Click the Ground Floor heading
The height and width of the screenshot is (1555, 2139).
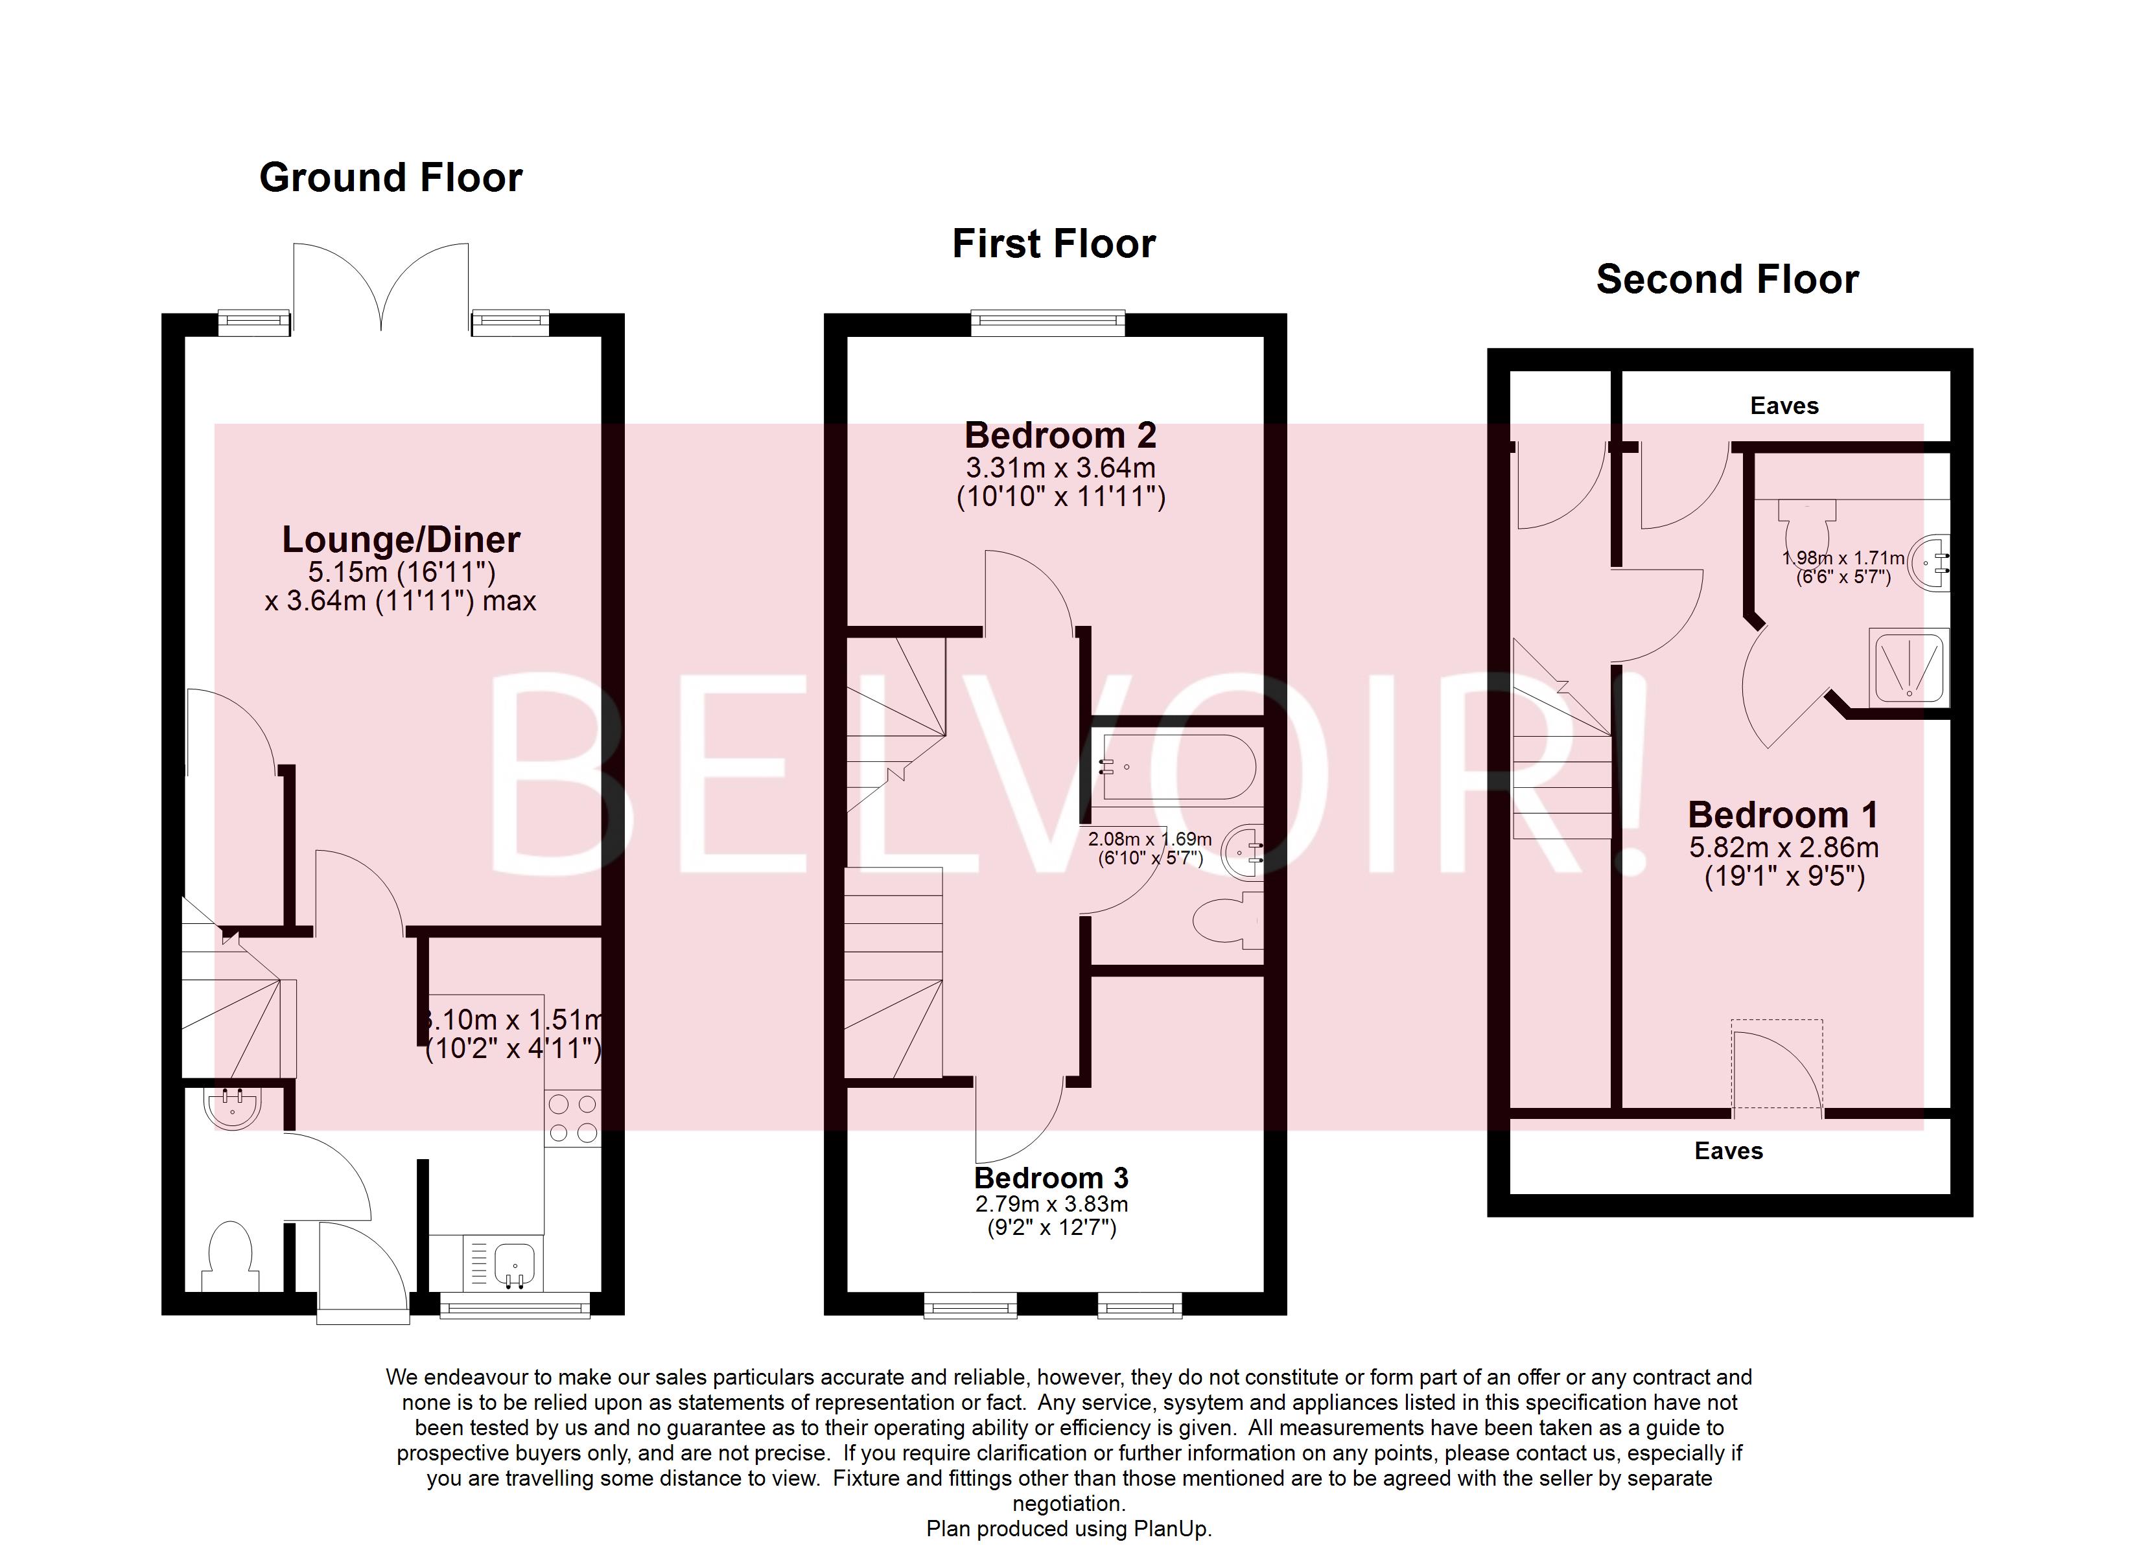click(390, 178)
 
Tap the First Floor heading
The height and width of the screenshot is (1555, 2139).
click(1053, 244)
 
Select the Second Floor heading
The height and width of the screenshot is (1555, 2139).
click(1727, 280)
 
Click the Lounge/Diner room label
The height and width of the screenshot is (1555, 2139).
click(401, 540)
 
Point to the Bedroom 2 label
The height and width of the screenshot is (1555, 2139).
click(1060, 435)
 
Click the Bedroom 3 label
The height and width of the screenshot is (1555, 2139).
click(1051, 1178)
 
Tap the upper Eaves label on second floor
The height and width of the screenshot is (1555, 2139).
click(1783, 406)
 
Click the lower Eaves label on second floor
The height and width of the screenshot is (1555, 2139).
click(1728, 1151)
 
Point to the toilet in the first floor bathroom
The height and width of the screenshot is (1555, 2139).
click(1226, 921)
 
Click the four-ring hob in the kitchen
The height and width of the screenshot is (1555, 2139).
click(572, 1118)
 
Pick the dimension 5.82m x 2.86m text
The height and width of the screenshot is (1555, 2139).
click(1783, 847)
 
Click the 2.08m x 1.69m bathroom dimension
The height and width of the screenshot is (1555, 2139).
click(1150, 839)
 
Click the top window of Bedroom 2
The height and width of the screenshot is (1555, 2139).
click(1049, 323)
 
